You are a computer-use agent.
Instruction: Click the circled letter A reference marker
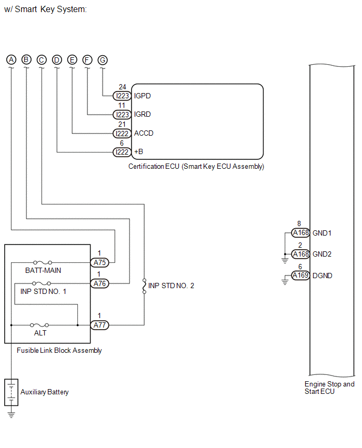pyautogui.click(x=11, y=60)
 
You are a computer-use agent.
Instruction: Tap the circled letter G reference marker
pyautogui.click(x=103, y=60)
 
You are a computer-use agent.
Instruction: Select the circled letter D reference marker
pyautogui.click(x=57, y=60)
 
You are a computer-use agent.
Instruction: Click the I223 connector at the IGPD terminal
pyautogui.click(x=122, y=96)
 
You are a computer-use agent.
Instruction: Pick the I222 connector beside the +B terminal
pyautogui.click(x=122, y=152)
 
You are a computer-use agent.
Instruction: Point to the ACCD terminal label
pyautogui.click(x=144, y=133)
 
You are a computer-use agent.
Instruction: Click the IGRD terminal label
pyautogui.click(x=143, y=114)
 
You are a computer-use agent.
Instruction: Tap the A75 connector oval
pyautogui.click(x=100, y=262)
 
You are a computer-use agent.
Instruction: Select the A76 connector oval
pyautogui.click(x=100, y=284)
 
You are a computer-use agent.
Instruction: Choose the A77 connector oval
pyautogui.click(x=100, y=325)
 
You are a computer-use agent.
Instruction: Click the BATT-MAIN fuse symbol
pyautogui.click(x=43, y=262)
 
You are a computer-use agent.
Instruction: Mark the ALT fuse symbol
pyautogui.click(x=39, y=325)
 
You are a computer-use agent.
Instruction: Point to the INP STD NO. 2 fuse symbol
pyautogui.click(x=144, y=286)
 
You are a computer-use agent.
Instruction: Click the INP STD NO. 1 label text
pyautogui.click(x=43, y=291)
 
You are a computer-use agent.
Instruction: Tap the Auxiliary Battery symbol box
pyautogui.click(x=11, y=392)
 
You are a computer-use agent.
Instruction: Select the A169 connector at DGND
pyautogui.click(x=300, y=276)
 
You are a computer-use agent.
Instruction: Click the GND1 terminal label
pyautogui.click(x=322, y=233)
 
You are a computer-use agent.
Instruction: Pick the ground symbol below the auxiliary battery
pyautogui.click(x=11, y=415)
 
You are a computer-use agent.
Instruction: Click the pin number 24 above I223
pyautogui.click(x=123, y=87)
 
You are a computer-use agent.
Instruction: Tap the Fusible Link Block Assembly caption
pyautogui.click(x=59, y=351)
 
